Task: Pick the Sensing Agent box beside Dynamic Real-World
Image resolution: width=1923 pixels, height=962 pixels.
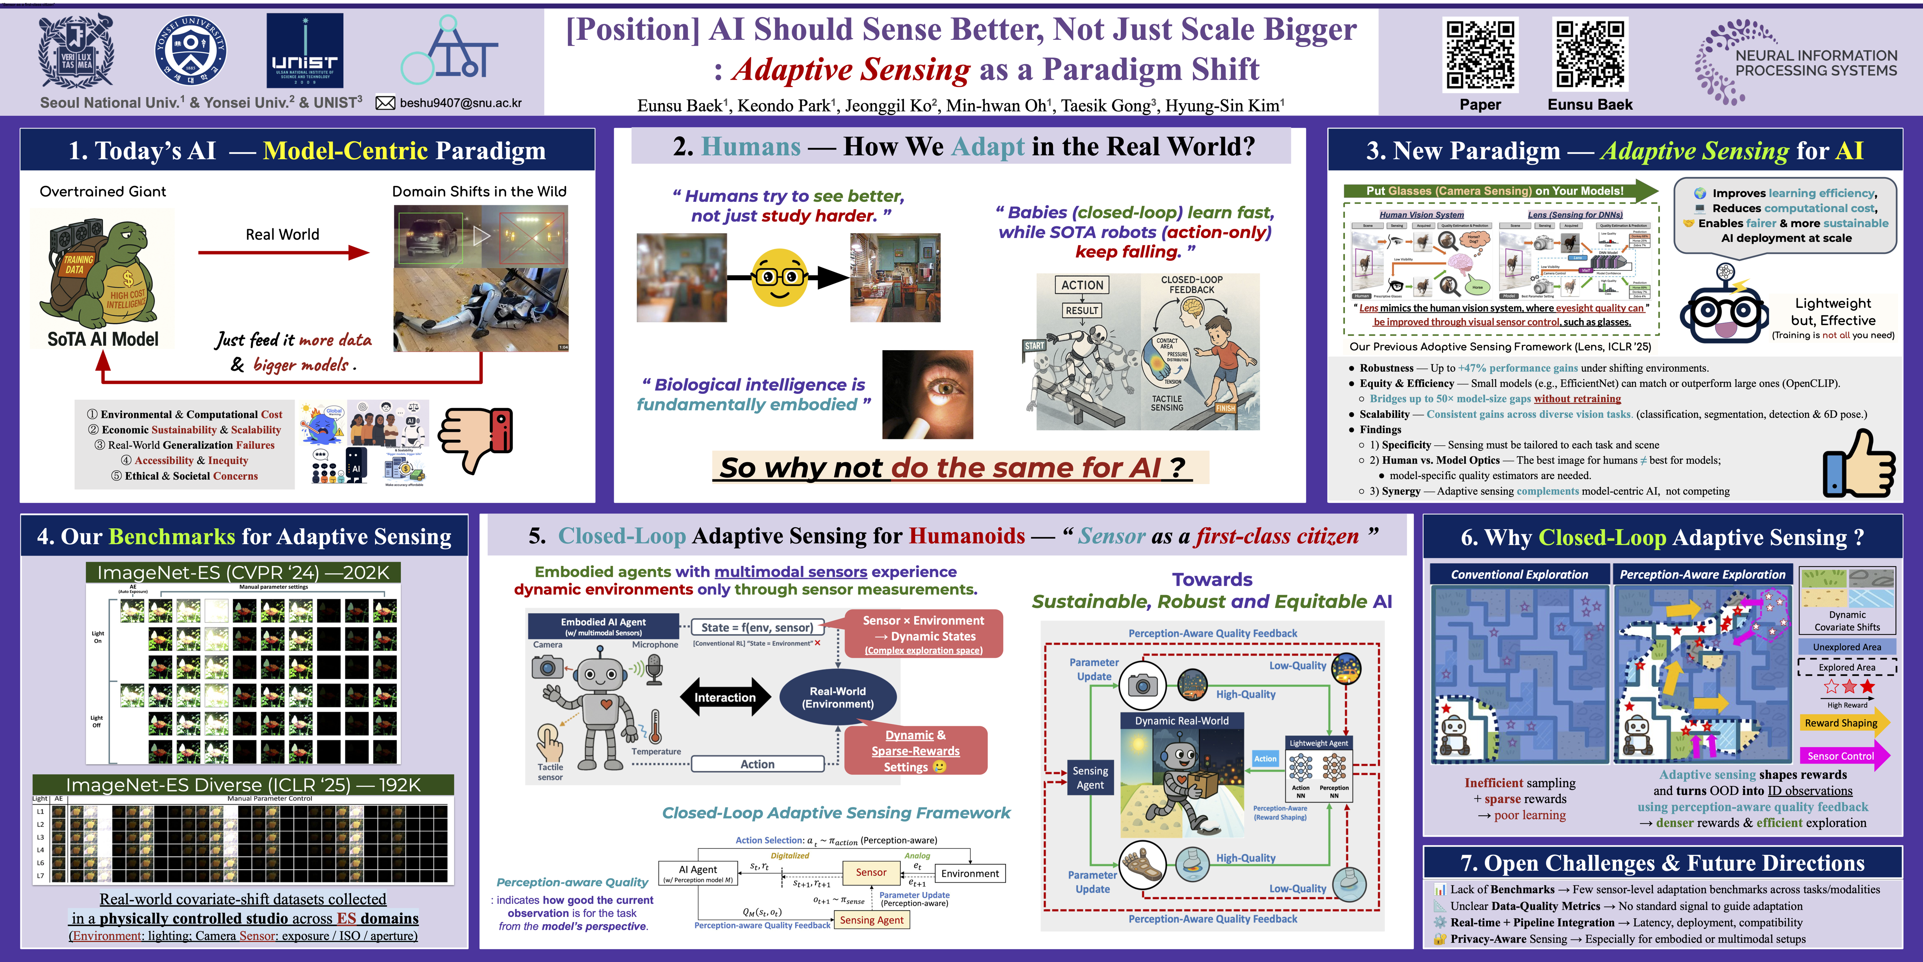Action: coord(1090,777)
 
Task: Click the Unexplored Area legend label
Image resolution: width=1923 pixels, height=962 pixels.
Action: coord(1847,647)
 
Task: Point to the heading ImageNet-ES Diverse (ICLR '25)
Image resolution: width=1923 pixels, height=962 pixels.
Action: coord(243,785)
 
